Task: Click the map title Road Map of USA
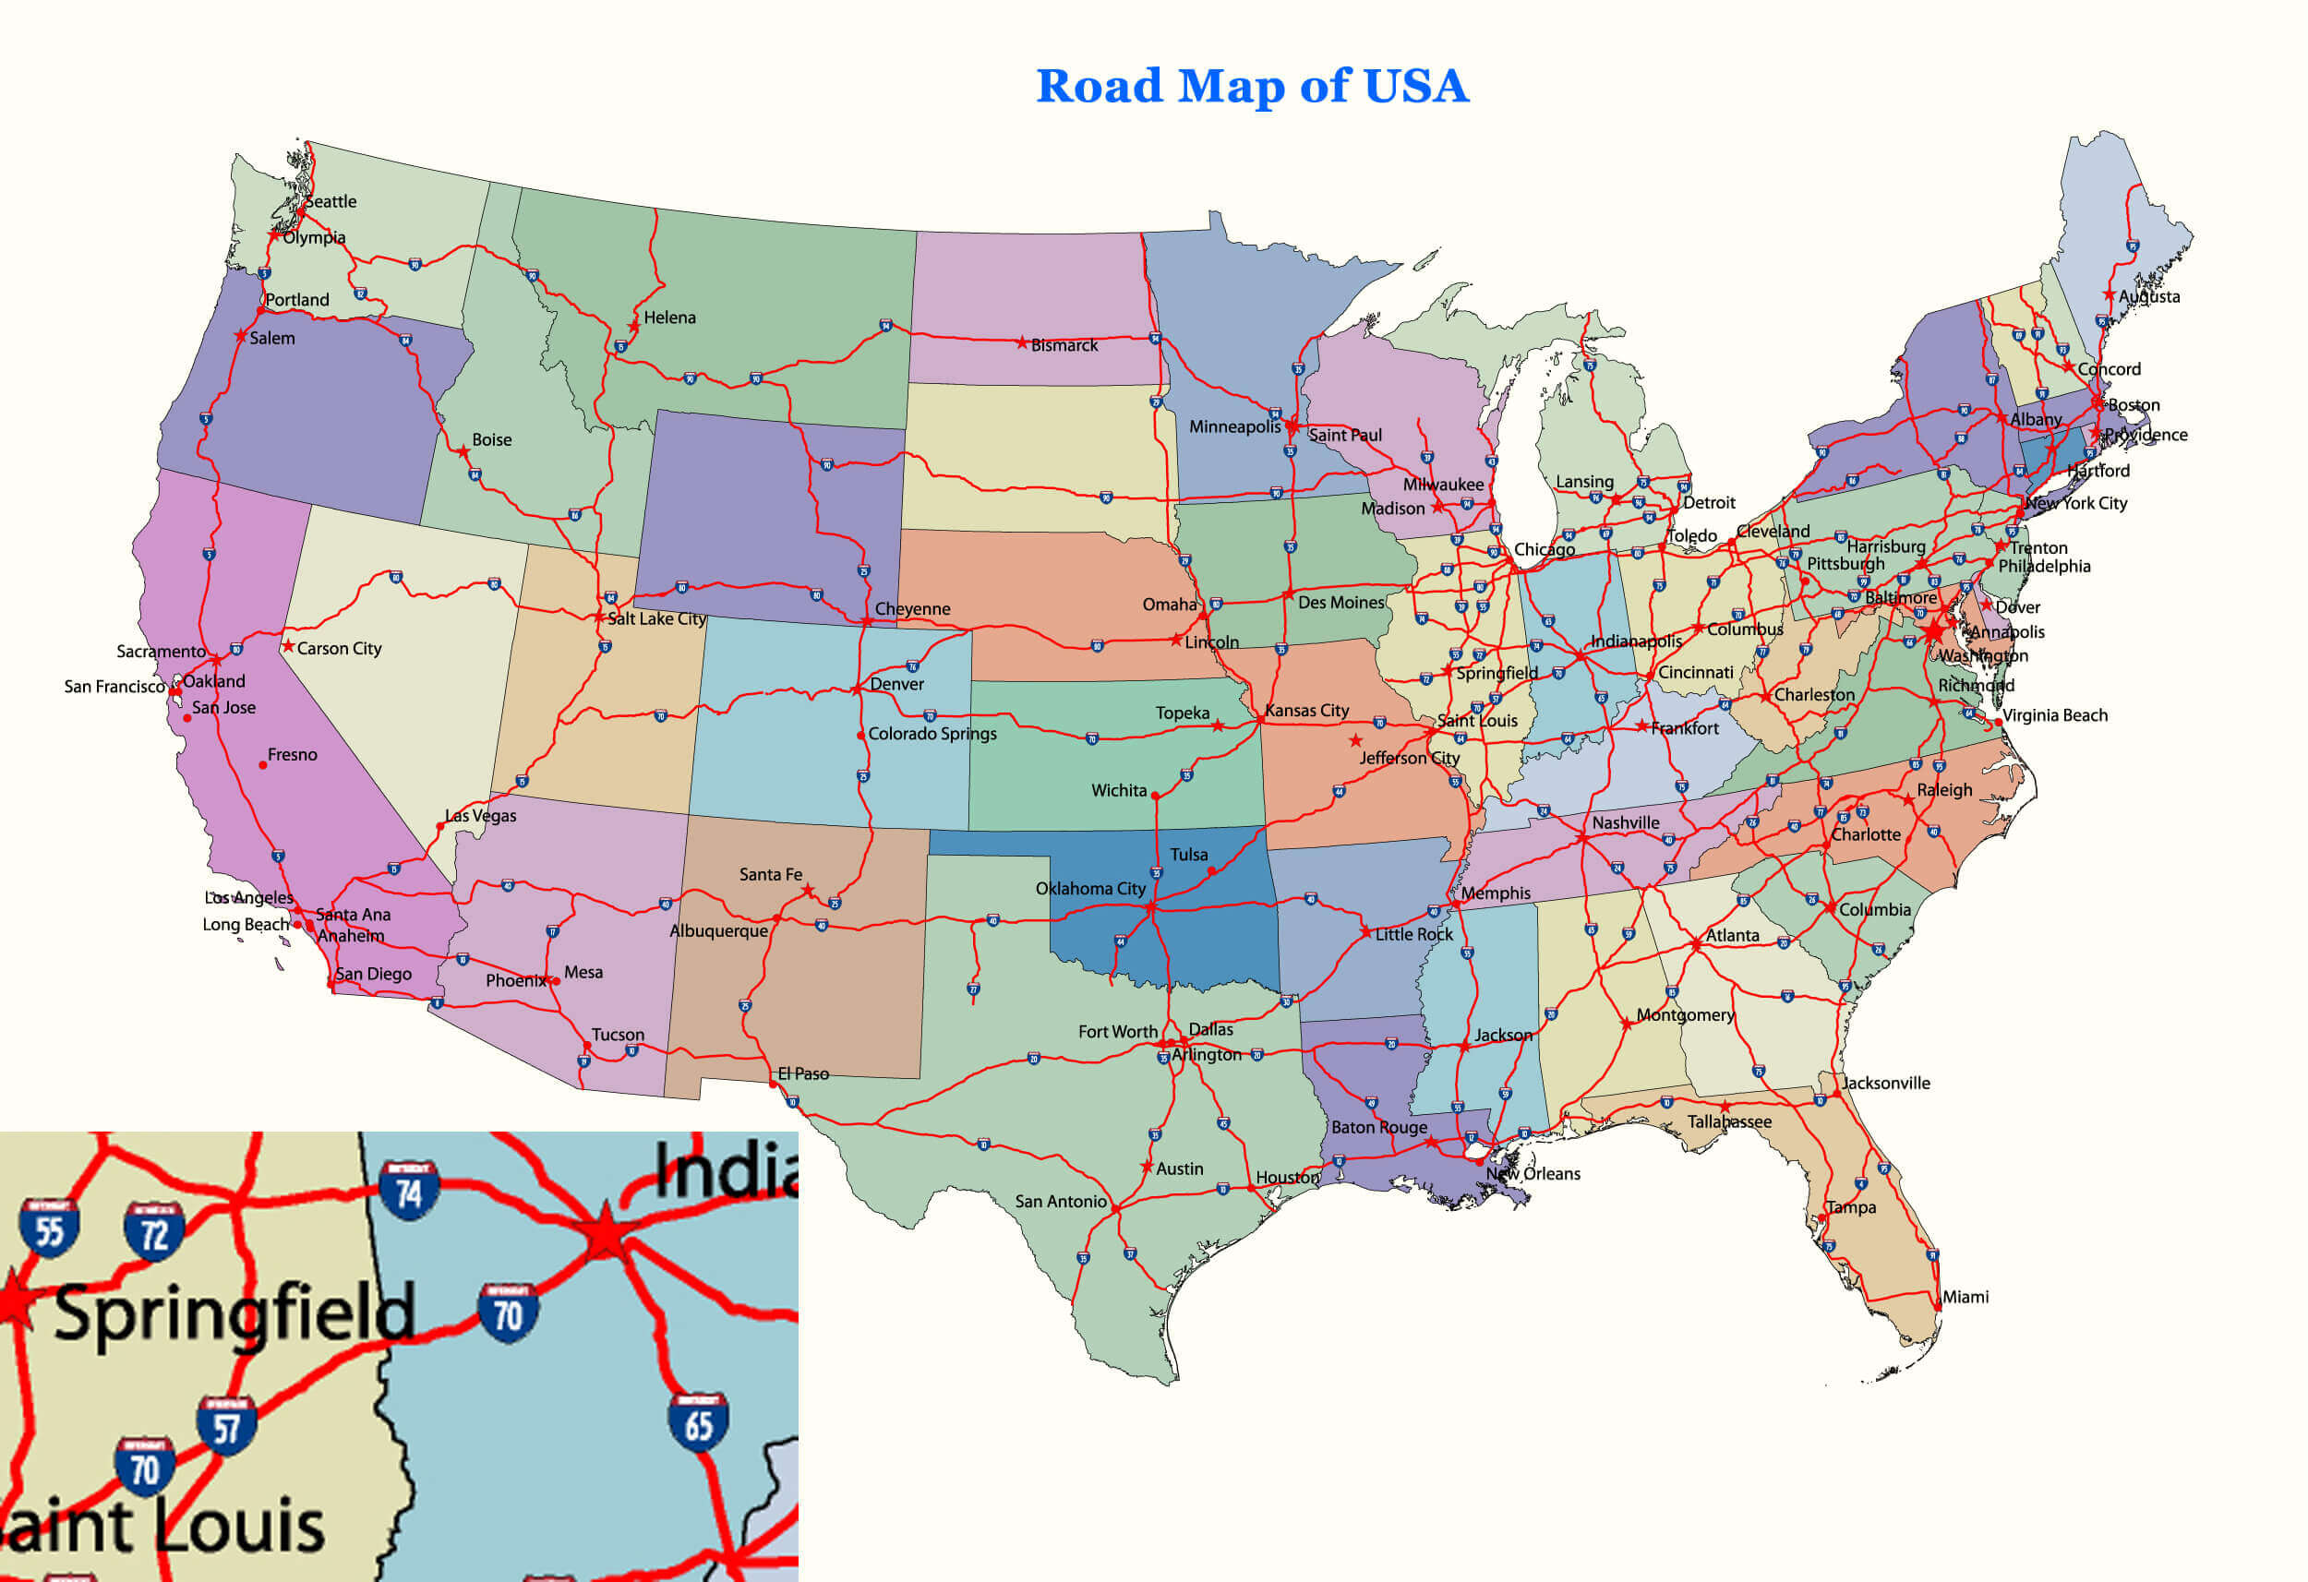[x=1251, y=86]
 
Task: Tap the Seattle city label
[x=331, y=201]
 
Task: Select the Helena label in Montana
[x=669, y=318]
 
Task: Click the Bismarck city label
[x=1064, y=345]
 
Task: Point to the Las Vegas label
[x=481, y=816]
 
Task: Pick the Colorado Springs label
[x=932, y=734]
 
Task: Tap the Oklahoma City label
[x=1090, y=889]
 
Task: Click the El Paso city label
[x=802, y=1073]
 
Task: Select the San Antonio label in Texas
[x=1061, y=1202]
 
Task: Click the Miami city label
[x=1965, y=1297]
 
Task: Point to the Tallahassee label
[x=1729, y=1122]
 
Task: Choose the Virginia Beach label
[x=2055, y=716]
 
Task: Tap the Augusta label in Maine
[x=2149, y=297]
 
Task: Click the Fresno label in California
[x=292, y=755]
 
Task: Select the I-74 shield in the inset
[x=408, y=1192]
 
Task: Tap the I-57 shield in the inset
[x=226, y=1427]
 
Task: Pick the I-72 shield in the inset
[x=154, y=1232]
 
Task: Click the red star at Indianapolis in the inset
[x=604, y=1234]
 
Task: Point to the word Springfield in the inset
[x=234, y=1312]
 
